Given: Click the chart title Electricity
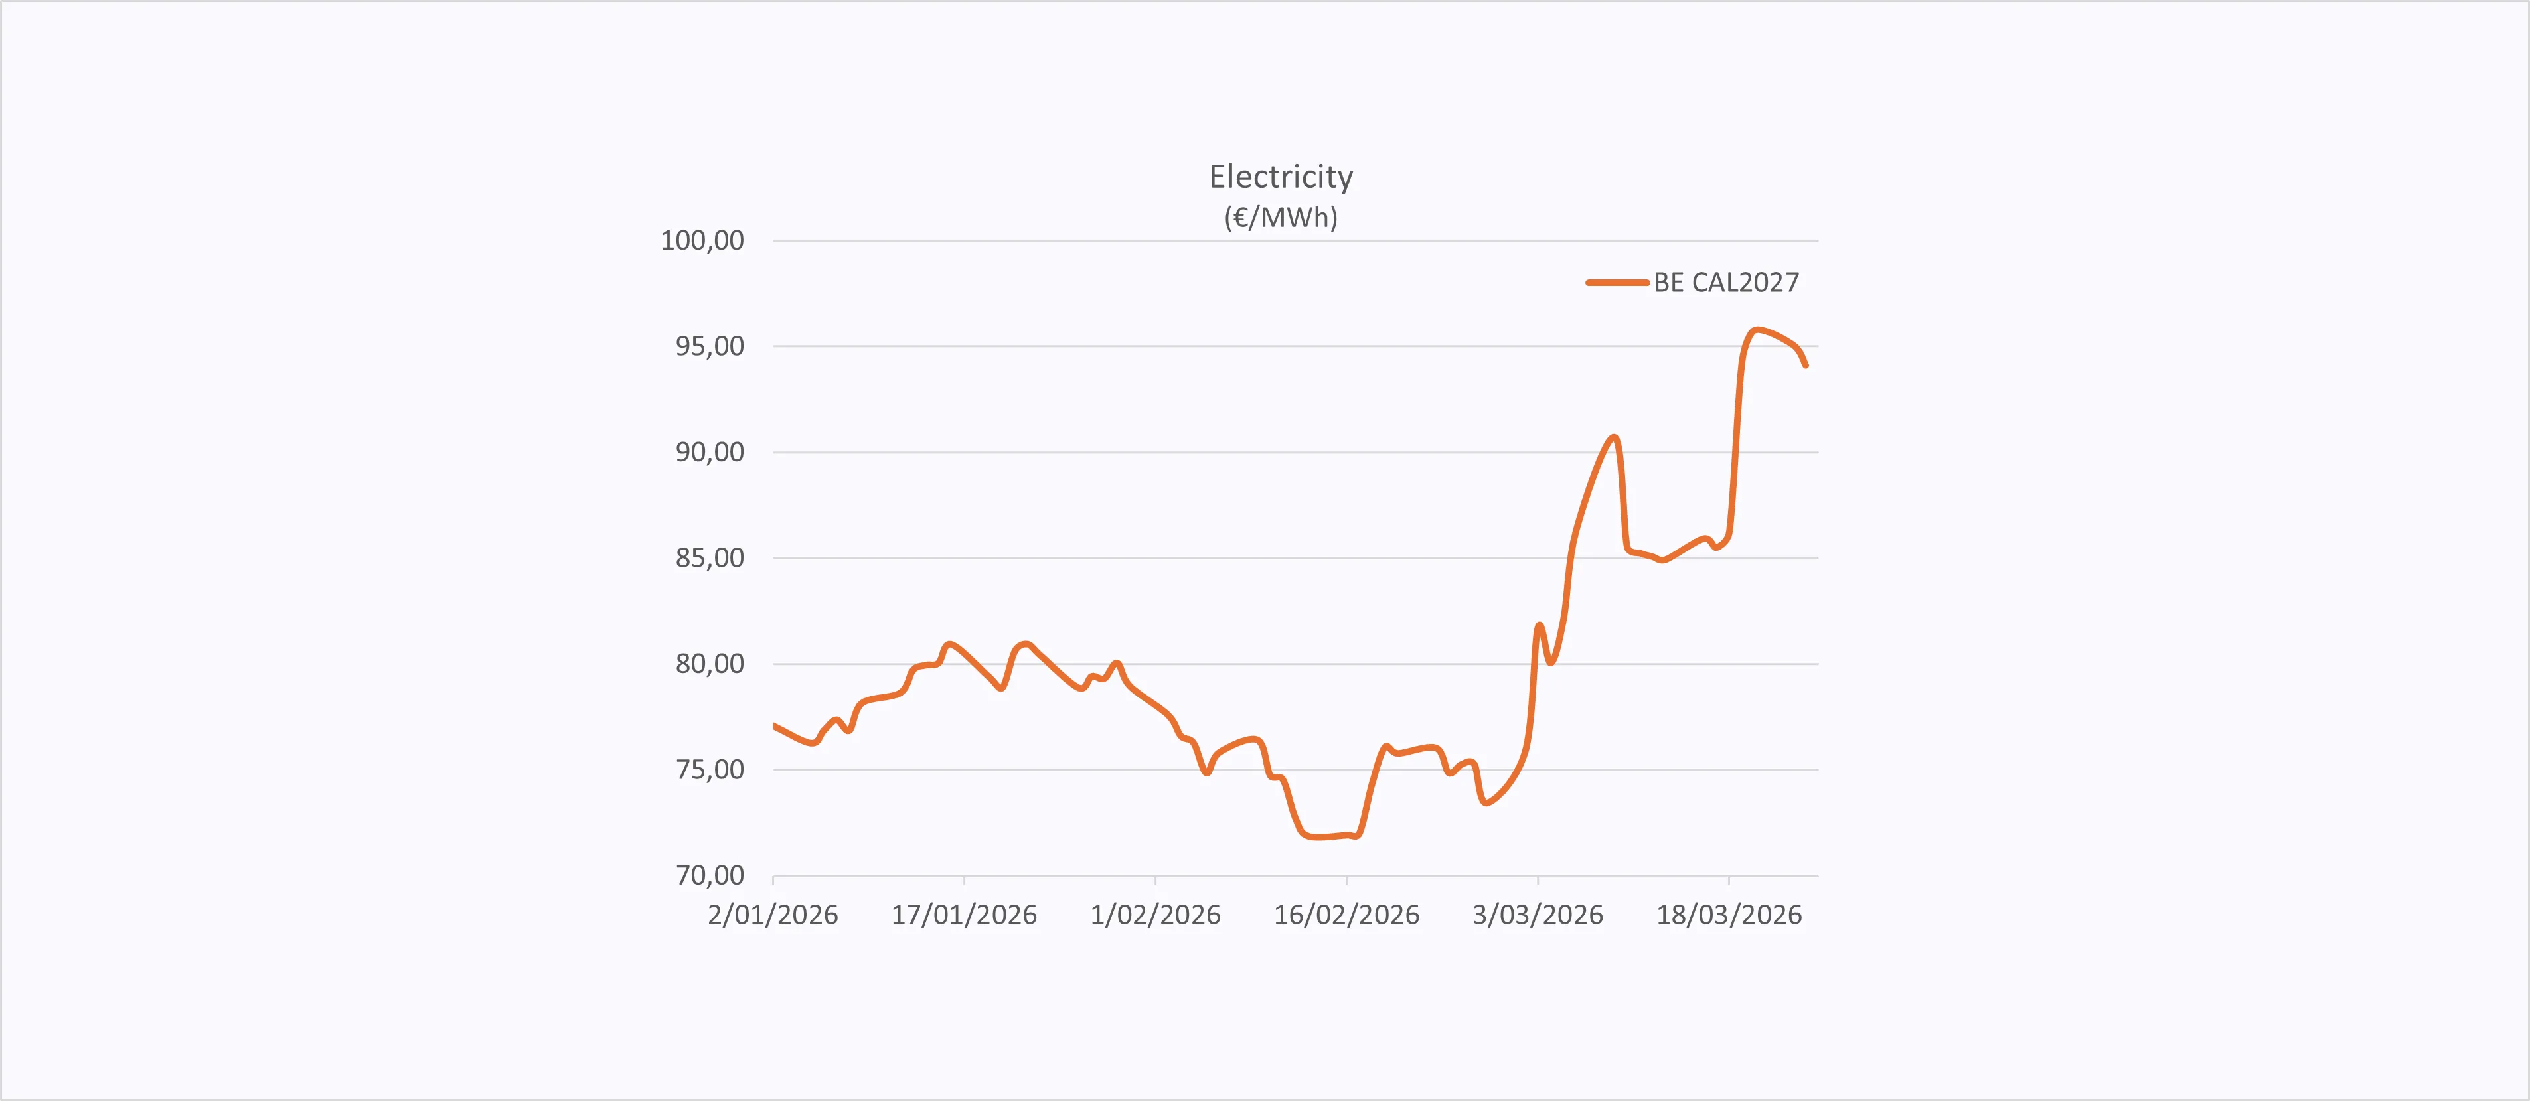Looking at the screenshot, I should (x=1281, y=177).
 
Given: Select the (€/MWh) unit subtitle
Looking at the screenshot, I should (x=1281, y=217).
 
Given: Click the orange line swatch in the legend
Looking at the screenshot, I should (x=1617, y=283).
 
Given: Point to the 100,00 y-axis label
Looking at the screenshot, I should (x=702, y=241).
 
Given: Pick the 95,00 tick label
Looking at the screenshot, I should (x=709, y=346).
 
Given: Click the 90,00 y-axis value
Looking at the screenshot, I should (x=709, y=453).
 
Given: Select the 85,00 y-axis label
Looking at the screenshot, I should (x=709, y=559).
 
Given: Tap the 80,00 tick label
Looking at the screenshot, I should (x=709, y=664).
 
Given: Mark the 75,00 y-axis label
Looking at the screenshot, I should (x=709, y=770).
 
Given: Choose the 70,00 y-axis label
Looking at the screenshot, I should (x=709, y=875).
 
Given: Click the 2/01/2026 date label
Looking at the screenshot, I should (x=773, y=915).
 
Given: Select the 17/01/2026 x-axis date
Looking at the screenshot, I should (x=963, y=915).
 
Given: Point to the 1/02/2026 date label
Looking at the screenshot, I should (x=1155, y=915).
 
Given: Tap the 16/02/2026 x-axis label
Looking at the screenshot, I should (x=1346, y=915).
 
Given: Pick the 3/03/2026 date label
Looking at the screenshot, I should (x=1537, y=915).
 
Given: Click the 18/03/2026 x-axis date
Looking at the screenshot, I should (x=1729, y=915).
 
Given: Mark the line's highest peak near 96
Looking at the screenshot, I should (x=1757, y=330).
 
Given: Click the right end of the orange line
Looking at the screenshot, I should (x=1805, y=366).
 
